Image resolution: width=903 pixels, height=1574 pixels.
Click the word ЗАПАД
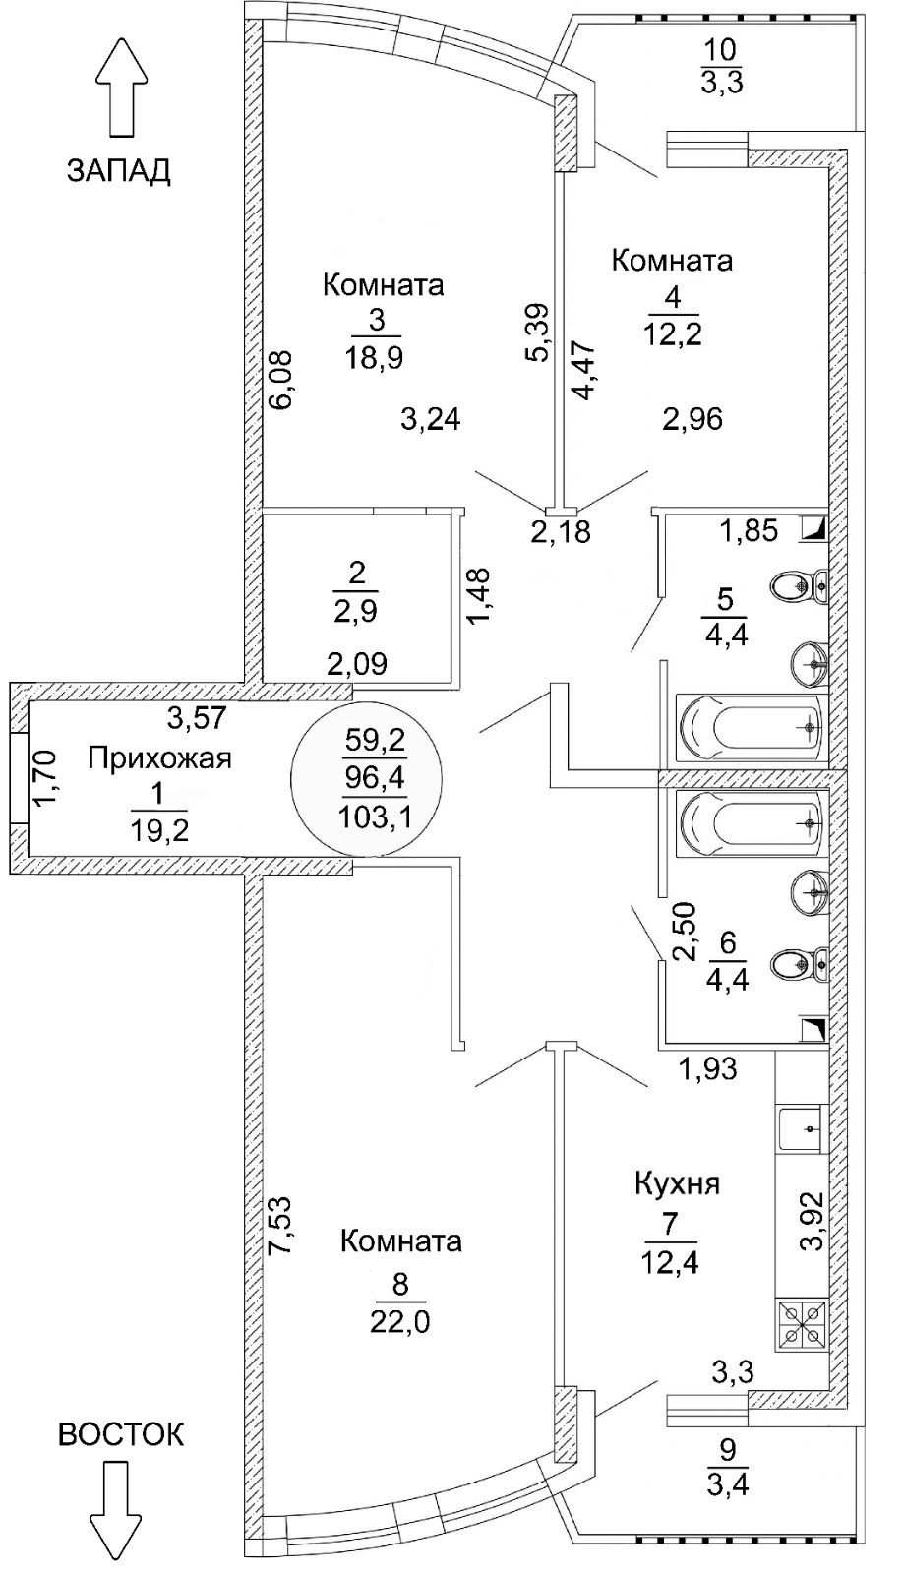click(118, 170)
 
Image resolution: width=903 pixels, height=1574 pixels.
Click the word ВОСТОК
click(121, 1434)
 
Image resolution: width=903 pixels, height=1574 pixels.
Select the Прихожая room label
click(159, 758)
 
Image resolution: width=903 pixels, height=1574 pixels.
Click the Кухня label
click(677, 1182)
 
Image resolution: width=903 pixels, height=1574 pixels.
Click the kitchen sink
click(800, 1129)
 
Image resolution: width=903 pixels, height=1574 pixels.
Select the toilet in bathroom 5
click(801, 586)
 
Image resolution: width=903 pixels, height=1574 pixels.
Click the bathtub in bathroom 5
click(751, 728)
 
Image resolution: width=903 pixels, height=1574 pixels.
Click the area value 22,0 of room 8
click(400, 1320)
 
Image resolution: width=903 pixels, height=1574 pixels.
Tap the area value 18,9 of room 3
click(375, 356)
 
